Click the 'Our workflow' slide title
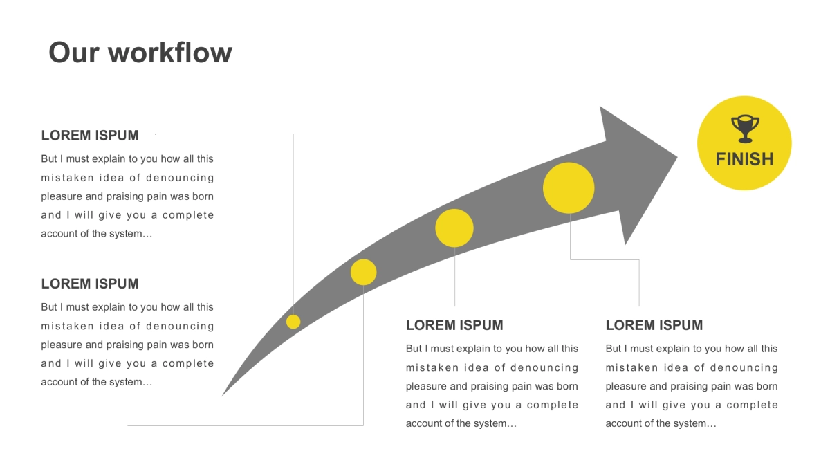click(x=140, y=53)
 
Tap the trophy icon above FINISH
click(x=744, y=129)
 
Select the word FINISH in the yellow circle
click(x=744, y=159)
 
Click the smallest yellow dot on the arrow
click(x=293, y=322)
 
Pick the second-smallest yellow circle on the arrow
click(x=363, y=272)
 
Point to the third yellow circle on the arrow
click(x=454, y=228)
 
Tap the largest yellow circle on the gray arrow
click(x=569, y=188)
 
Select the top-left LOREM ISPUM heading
click(x=90, y=136)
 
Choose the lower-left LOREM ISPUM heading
click(x=90, y=284)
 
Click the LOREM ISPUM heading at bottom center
click(x=454, y=325)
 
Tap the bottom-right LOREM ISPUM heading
click(x=654, y=325)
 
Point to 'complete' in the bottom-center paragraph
click(x=553, y=405)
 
